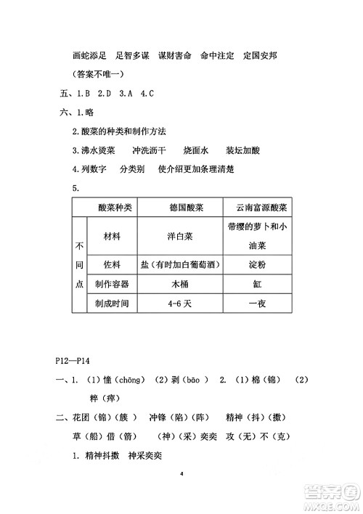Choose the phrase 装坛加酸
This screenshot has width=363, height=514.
pyautogui.click(x=242, y=150)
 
